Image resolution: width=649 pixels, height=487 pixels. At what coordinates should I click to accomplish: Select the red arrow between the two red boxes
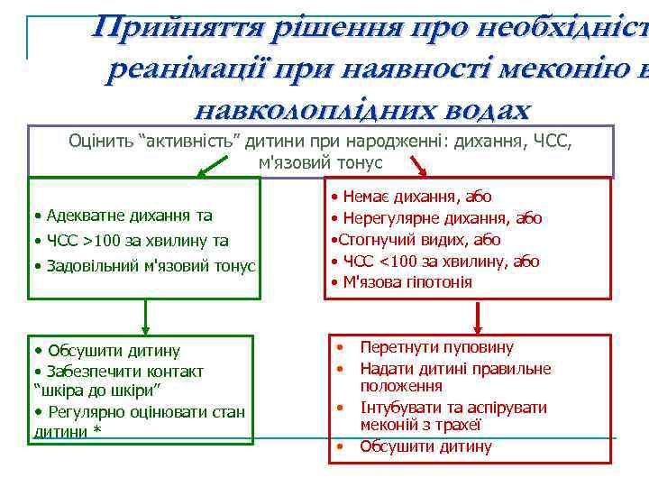(478, 317)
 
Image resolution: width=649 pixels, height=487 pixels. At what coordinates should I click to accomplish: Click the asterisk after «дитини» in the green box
(97, 431)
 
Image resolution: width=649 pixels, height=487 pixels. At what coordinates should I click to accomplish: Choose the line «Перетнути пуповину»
(436, 347)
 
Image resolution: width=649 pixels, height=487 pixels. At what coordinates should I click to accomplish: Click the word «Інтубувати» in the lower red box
(399, 408)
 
